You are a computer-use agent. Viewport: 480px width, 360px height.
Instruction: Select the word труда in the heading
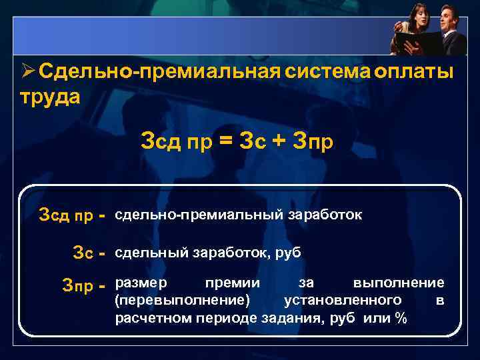point(50,97)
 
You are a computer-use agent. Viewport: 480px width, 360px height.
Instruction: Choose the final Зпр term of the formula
point(313,142)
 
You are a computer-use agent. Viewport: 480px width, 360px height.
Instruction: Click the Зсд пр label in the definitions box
point(66,216)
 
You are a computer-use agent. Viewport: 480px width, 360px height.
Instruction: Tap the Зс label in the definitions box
point(83,253)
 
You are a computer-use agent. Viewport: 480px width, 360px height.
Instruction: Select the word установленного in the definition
point(342,301)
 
